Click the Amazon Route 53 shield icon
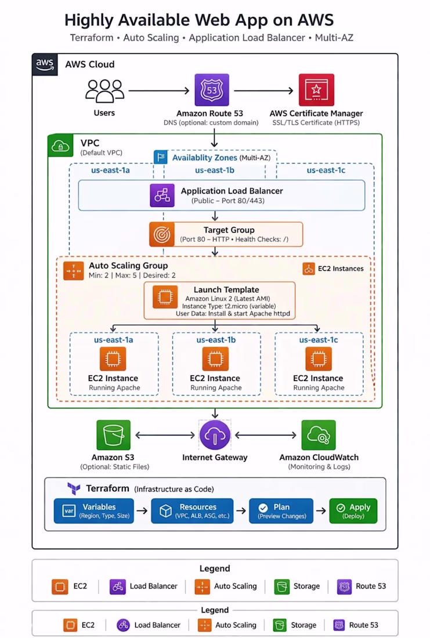[x=212, y=90]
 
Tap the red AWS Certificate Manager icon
[x=316, y=90]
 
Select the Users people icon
[x=104, y=90]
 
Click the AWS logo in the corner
[x=45, y=65]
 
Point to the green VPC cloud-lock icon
[x=61, y=146]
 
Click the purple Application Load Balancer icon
[x=162, y=195]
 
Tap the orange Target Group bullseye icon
[x=162, y=234]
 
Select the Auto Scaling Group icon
[x=74, y=271]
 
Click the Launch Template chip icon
[x=165, y=297]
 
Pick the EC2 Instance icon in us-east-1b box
[x=215, y=359]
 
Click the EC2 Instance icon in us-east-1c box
[x=319, y=359]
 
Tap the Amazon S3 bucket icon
[x=114, y=435]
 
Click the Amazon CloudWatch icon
[x=319, y=435]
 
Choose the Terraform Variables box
[x=93, y=511]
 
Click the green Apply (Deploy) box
[x=353, y=511]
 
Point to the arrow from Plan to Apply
[x=321, y=510]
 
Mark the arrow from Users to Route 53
[x=159, y=90]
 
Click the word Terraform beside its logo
[x=107, y=488]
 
